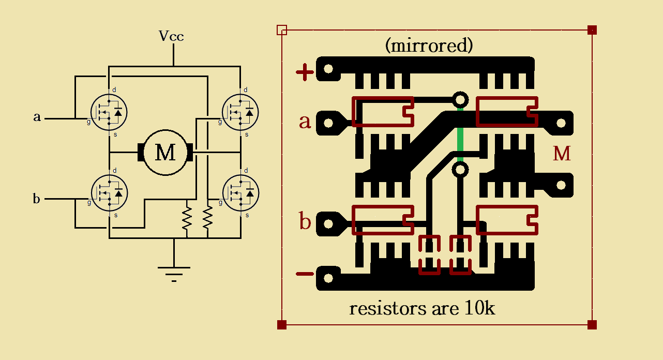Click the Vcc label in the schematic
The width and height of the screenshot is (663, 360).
click(171, 36)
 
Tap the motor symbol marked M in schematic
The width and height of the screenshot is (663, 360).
click(165, 153)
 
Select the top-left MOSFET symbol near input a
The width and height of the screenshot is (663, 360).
click(109, 112)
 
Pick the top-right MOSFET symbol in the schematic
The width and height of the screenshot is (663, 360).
click(240, 112)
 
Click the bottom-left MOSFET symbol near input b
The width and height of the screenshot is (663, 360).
click(109, 192)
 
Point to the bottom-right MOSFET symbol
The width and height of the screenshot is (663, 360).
click(240, 192)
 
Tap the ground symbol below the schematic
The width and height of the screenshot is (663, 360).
click(173, 272)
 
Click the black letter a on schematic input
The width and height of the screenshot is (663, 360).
click(37, 117)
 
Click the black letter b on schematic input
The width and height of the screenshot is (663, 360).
click(37, 199)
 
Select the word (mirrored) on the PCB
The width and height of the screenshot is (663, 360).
click(429, 46)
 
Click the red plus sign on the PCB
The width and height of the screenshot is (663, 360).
click(305, 72)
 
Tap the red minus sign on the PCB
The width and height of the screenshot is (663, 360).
click(305, 274)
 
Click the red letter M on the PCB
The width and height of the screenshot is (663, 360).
click(562, 154)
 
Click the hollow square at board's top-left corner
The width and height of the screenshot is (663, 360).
click(282, 29)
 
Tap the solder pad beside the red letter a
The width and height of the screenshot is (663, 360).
click(328, 123)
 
